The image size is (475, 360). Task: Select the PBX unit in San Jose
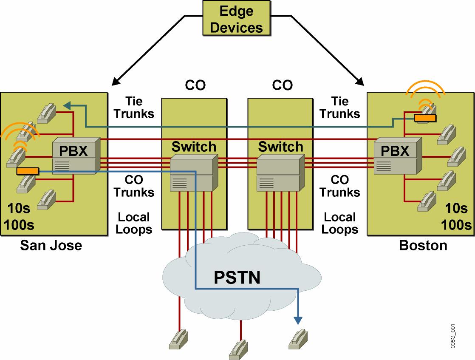tap(76, 156)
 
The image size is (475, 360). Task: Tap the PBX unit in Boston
tap(397, 156)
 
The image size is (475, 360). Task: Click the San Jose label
tap(51, 245)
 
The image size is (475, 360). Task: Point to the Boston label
tap(423, 245)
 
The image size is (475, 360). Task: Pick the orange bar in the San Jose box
tap(28, 171)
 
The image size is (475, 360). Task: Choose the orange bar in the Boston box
tap(425, 118)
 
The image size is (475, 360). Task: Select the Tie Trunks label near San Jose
tap(134, 108)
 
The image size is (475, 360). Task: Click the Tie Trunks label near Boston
tap(340, 108)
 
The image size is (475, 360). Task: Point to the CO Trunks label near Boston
tap(340, 186)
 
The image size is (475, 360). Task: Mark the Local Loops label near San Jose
tap(134, 223)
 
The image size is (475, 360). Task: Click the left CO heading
tap(195, 85)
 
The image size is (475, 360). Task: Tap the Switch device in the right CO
tap(281, 170)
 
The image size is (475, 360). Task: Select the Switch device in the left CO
tap(194, 170)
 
